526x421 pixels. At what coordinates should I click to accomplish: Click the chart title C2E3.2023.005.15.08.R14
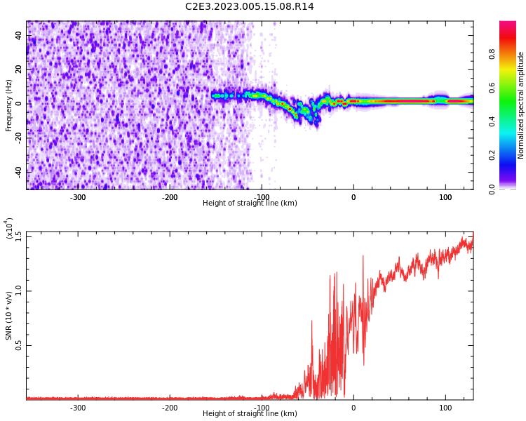(x=249, y=6)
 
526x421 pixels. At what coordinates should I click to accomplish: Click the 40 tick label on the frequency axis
(x=18, y=35)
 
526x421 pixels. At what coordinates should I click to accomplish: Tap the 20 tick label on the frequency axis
(x=18, y=69)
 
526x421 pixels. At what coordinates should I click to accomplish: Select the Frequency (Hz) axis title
(x=8, y=105)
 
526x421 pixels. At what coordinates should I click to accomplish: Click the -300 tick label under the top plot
(x=77, y=197)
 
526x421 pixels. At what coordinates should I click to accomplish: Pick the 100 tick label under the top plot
(x=445, y=197)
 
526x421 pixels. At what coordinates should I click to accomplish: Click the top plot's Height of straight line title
(x=250, y=203)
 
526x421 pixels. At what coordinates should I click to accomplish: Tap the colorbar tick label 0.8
(x=492, y=54)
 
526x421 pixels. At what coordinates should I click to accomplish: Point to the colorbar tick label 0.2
(x=492, y=155)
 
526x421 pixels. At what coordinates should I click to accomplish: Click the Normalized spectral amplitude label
(x=520, y=105)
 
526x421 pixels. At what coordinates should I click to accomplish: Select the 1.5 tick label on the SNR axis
(x=18, y=236)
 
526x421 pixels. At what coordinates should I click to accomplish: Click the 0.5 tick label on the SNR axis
(x=18, y=345)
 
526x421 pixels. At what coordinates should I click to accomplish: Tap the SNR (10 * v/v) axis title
(x=8, y=316)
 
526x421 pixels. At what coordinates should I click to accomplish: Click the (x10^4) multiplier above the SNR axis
(x=8, y=228)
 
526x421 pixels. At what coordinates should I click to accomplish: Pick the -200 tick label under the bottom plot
(x=170, y=408)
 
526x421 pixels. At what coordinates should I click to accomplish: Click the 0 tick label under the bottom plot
(x=353, y=408)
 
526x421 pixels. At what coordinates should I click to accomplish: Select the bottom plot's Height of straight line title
(x=250, y=413)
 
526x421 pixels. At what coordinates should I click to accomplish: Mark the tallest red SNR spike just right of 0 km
(x=363, y=256)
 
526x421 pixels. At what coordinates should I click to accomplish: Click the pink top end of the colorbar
(x=508, y=23)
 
